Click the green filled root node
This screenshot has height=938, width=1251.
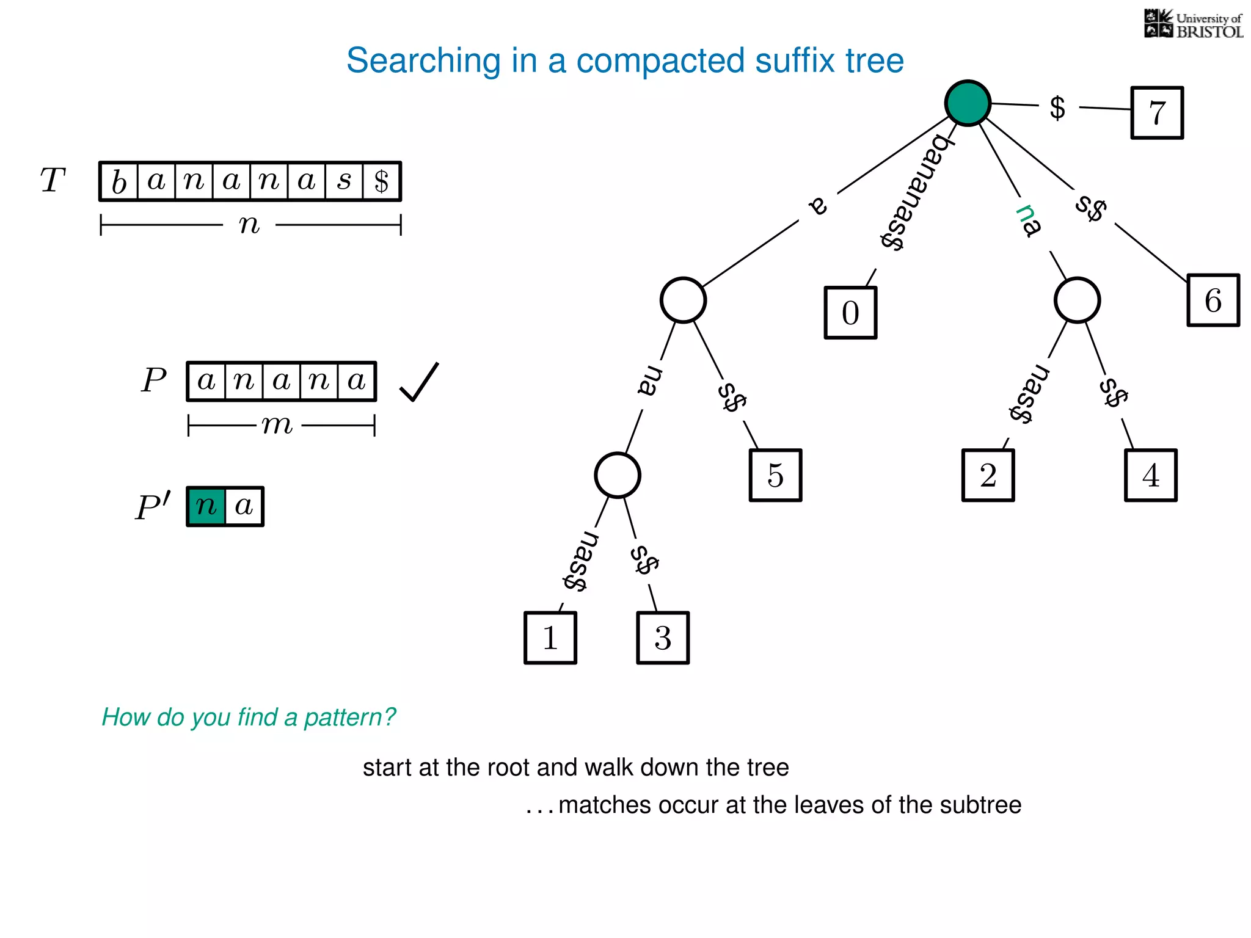(968, 103)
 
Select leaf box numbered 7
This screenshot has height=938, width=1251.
(1157, 113)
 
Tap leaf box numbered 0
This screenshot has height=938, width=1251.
(850, 313)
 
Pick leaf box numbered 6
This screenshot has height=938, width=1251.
(1213, 300)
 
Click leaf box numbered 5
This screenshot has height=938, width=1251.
(775, 475)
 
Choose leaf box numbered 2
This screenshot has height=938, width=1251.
(988, 475)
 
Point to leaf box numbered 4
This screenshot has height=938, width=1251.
(1150, 475)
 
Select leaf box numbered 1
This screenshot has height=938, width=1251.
(550, 638)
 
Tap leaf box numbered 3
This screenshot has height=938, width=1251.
(663, 638)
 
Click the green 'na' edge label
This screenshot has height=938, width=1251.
(1028, 220)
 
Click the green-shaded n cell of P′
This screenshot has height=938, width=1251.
(206, 506)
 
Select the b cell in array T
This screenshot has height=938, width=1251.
(119, 181)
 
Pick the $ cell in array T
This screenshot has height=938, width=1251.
(382, 181)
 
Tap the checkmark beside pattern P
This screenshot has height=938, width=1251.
(419, 382)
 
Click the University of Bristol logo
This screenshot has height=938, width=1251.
(1193, 24)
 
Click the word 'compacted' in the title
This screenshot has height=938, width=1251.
(660, 60)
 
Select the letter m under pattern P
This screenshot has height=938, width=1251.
(277, 424)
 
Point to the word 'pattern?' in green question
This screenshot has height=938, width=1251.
(350, 717)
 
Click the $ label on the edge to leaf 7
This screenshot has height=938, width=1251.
(1057, 108)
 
